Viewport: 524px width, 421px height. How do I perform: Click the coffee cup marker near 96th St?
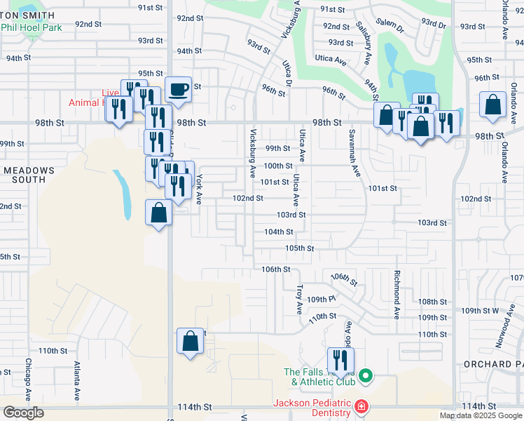(178, 90)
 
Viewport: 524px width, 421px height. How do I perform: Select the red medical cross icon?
(361, 407)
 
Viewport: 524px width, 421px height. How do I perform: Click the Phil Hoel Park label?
(32, 27)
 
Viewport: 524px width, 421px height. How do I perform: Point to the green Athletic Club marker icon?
(366, 377)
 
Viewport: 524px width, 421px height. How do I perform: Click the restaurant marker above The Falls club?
(341, 361)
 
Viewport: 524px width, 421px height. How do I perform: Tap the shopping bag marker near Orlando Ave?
(493, 104)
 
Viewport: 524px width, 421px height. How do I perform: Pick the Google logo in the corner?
(23, 413)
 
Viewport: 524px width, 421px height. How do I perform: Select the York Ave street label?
(199, 189)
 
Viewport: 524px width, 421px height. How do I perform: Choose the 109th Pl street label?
(323, 300)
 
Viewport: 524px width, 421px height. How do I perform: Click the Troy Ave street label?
(300, 298)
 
